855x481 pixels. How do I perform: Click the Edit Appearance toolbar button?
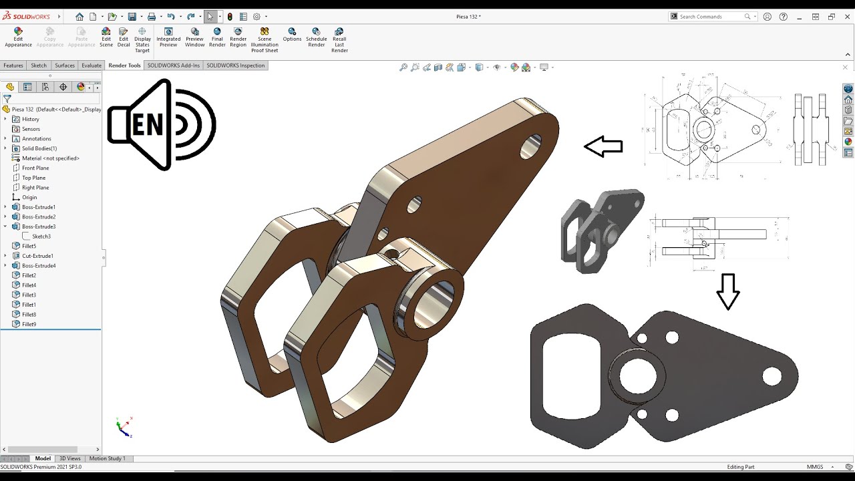tap(18, 37)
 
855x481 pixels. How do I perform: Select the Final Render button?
tap(217, 37)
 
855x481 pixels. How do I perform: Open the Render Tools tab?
tap(124, 65)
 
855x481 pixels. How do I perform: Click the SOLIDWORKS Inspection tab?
tap(235, 65)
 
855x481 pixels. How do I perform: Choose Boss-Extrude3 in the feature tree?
tap(38, 226)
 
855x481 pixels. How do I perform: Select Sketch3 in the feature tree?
tap(41, 236)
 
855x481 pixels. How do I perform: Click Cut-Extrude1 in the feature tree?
tap(37, 256)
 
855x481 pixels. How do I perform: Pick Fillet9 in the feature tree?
tap(29, 324)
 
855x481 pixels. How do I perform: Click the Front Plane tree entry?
tap(35, 168)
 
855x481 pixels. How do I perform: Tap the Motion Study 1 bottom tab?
tap(107, 458)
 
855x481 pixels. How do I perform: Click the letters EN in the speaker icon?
tap(148, 125)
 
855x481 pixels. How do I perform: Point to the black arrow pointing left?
tap(603, 146)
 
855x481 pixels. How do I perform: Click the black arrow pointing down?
tap(727, 291)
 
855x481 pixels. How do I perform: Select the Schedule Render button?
tap(316, 37)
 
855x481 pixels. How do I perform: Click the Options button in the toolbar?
tap(292, 35)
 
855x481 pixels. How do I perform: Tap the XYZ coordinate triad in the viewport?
tap(124, 427)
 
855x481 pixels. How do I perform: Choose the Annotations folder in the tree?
tap(36, 139)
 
